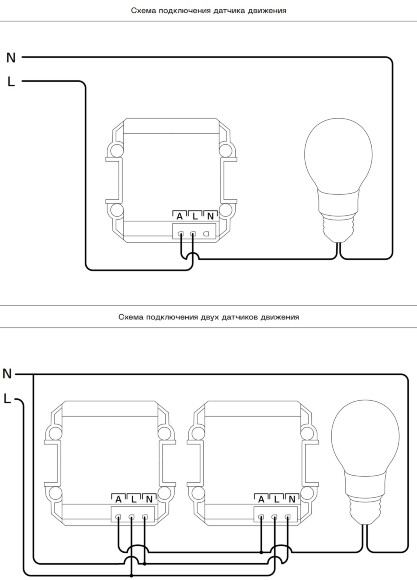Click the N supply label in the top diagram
[11, 58]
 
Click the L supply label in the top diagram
[11, 81]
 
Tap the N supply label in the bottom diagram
[7, 374]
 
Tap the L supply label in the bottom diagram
[7, 399]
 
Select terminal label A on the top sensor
[179, 216]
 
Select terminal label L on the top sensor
[195, 216]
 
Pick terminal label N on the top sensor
[210, 216]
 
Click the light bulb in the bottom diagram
[365, 462]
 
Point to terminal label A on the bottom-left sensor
[118, 499]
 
